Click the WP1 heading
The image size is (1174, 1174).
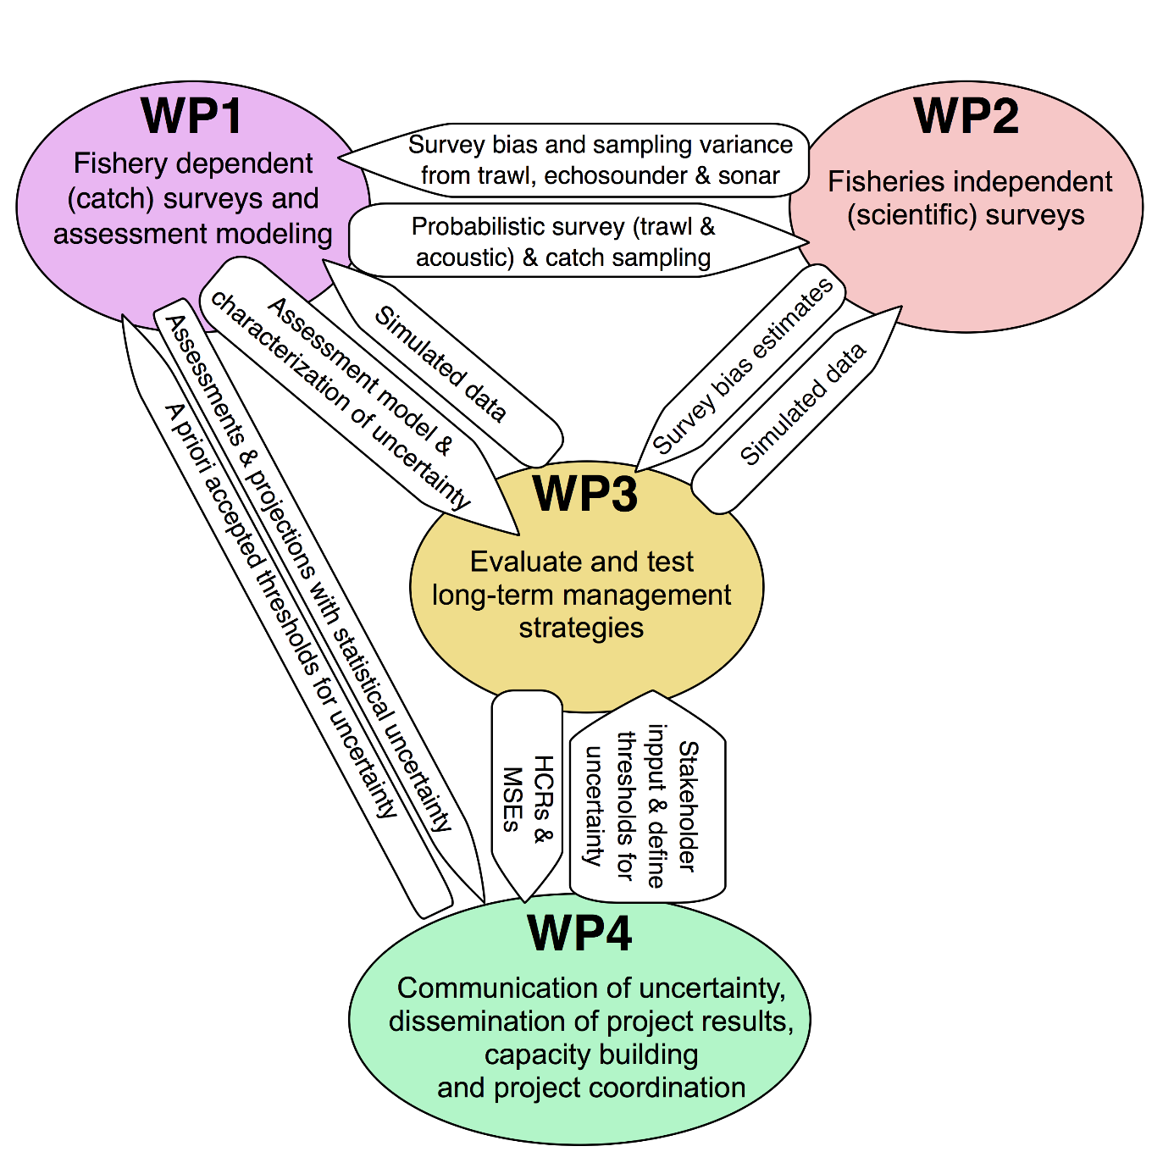[x=192, y=116]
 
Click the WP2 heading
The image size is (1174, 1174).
[x=966, y=116]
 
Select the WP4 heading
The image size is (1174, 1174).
[x=579, y=933]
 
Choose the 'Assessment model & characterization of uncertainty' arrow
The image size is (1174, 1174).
[x=356, y=398]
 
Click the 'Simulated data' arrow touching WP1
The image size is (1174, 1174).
[x=440, y=364]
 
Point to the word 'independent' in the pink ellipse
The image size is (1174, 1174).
[x=1044, y=181]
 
